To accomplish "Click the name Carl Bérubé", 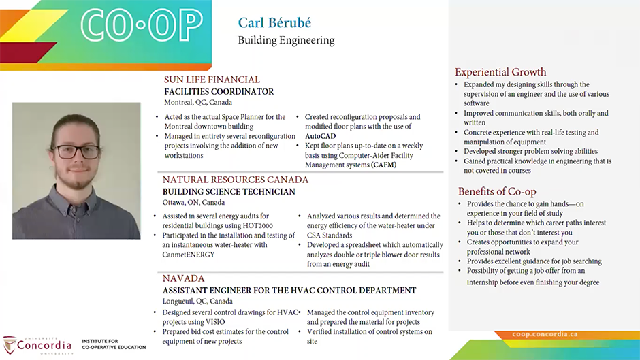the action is pos(274,23).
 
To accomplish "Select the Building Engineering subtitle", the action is pos(286,40).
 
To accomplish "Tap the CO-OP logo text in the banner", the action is pos(142,25).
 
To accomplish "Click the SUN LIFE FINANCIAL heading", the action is pos(212,80).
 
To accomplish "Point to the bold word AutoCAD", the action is pos(321,136).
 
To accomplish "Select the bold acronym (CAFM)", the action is pos(384,165).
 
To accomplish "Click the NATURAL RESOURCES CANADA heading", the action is pos(236,180).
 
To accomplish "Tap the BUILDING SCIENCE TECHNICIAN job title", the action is pos(229,192).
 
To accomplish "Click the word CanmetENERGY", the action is pos(188,255).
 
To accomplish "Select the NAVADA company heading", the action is pos(183,278).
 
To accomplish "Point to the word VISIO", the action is pos(215,322).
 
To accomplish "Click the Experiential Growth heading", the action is pos(500,72).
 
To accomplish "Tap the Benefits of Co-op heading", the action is pos(497,191).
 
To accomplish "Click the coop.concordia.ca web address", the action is pos(545,334).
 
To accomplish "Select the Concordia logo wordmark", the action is pos(44,346).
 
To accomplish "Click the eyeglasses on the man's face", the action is pos(78,152).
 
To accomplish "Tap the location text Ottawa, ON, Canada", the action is pos(193,202).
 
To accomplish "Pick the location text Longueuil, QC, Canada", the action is pos(197,301).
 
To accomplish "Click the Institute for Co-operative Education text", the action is pos(114,344).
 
